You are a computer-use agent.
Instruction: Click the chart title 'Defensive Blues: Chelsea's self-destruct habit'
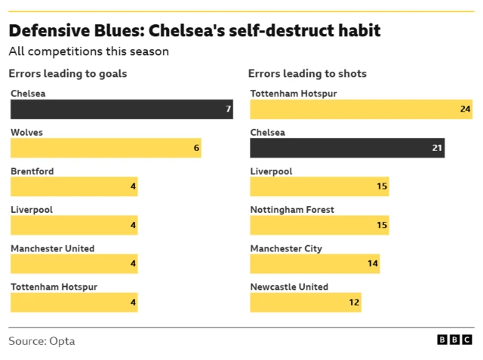(x=195, y=31)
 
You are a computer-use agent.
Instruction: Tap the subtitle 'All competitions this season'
(x=88, y=52)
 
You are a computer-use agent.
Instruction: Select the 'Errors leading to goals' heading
(x=68, y=73)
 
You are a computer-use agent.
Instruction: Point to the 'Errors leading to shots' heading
(x=308, y=73)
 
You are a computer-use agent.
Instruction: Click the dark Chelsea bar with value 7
(x=121, y=109)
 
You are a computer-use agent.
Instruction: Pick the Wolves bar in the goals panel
(x=106, y=148)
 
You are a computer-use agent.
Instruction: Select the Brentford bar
(x=74, y=186)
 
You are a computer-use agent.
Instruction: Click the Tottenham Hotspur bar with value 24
(x=361, y=109)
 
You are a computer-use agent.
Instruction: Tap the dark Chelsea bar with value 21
(x=347, y=148)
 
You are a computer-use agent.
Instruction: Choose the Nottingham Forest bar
(x=319, y=225)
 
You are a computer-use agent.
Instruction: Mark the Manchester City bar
(x=315, y=263)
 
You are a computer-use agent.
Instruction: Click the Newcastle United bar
(x=306, y=302)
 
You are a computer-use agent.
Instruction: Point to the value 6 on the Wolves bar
(x=196, y=148)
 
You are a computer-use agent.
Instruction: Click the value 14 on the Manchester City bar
(x=373, y=263)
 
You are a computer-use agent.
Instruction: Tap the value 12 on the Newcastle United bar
(x=354, y=302)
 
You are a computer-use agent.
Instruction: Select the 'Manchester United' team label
(x=53, y=248)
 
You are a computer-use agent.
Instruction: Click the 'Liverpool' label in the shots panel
(x=271, y=171)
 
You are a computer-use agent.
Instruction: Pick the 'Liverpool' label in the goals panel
(x=32, y=210)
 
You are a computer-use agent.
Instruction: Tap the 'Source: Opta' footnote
(x=42, y=341)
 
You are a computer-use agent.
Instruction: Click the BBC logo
(x=455, y=340)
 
